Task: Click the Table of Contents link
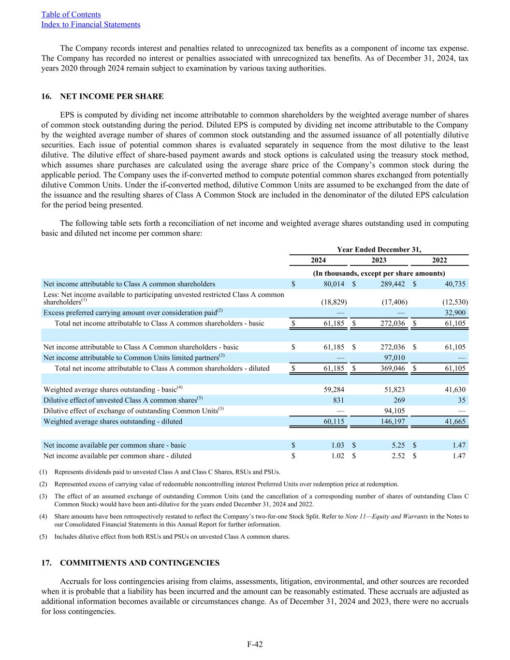[71, 15]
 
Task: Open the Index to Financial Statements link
[91, 25]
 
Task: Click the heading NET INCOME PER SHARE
[112, 96]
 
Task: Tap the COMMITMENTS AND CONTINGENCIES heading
[140, 563]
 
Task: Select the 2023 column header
[379, 260]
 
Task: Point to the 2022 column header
[439, 260]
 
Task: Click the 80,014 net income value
[334, 284]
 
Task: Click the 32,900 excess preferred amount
[455, 312]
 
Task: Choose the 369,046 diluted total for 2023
[392, 368]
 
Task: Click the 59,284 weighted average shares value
[334, 389]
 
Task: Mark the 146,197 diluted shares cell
[392, 422]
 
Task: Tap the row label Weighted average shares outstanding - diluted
[113, 422]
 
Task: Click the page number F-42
[255, 644]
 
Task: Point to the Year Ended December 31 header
[379, 249]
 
